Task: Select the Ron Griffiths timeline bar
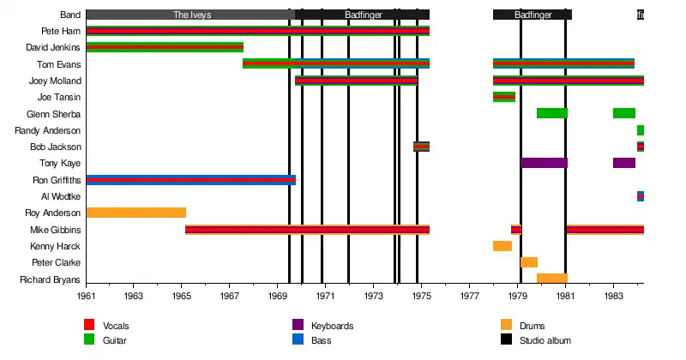190,180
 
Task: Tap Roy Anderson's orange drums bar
135,213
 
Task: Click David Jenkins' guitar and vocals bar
165,47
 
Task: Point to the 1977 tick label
469,295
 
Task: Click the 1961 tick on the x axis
87,295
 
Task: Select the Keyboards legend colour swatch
298,325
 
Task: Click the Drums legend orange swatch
507,325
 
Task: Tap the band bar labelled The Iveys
190,15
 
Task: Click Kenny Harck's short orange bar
502,246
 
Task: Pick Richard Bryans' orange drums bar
552,279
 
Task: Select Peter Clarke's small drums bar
529,262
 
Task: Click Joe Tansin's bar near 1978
504,97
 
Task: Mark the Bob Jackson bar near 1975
421,147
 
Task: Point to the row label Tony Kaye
60,163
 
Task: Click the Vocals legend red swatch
89,325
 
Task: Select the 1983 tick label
613,295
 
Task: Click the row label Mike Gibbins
56,230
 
